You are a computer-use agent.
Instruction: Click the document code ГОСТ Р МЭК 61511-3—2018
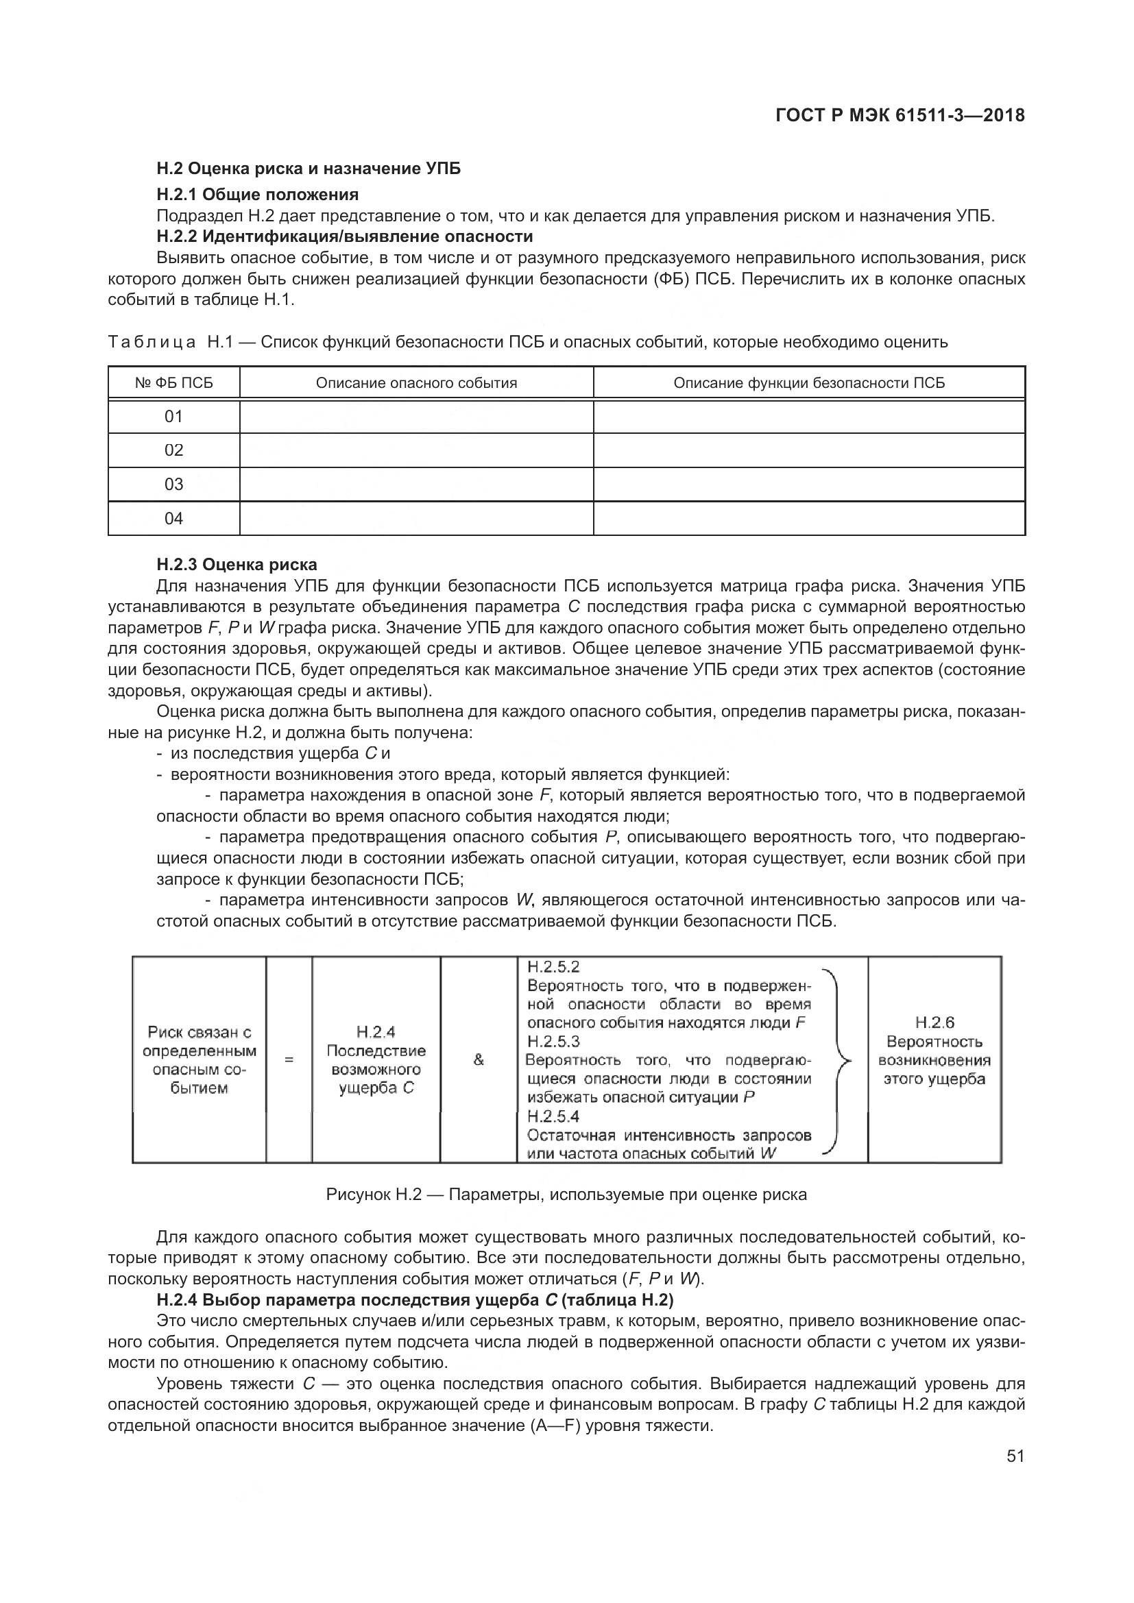tap(900, 115)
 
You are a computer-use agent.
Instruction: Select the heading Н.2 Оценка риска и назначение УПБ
tap(308, 169)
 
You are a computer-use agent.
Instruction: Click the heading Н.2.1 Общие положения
tap(257, 194)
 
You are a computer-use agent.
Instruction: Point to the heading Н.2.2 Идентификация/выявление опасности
tap(344, 236)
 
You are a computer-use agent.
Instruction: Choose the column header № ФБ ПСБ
tap(174, 382)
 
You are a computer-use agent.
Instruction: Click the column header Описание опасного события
tap(416, 382)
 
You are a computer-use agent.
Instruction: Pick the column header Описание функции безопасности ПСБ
tap(808, 382)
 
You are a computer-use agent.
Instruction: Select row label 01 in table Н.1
tap(174, 417)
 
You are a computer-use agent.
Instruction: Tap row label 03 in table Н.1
tap(174, 485)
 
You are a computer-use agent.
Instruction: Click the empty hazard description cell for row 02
tap(416, 450)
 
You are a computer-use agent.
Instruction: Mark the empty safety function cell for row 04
tap(808, 519)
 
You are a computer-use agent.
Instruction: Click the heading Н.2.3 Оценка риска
tap(237, 564)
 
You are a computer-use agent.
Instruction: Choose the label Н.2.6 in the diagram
tap(934, 1023)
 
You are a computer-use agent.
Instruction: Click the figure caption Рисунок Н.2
tap(566, 1195)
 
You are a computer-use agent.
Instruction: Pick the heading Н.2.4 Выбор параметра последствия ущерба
tap(415, 1300)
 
